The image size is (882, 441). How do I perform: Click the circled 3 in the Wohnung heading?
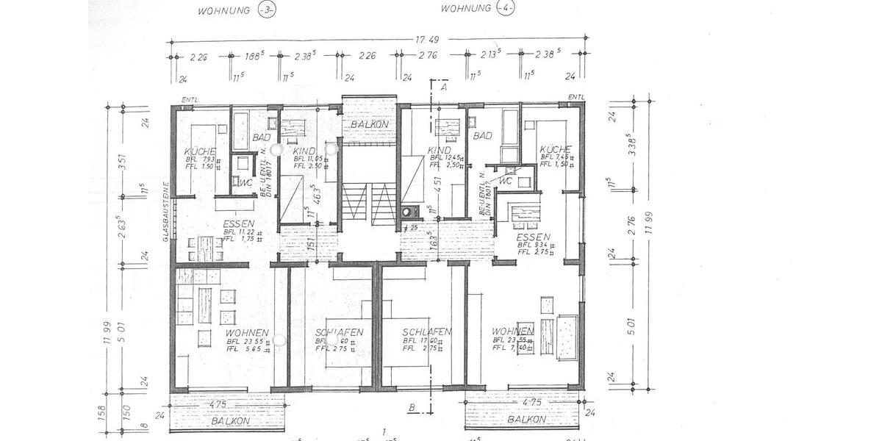click(264, 10)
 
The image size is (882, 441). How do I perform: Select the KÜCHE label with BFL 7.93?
click(200, 152)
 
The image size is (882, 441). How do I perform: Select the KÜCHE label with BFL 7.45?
click(556, 148)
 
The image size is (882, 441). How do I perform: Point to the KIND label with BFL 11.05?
click(304, 151)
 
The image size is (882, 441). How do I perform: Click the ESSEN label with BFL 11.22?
click(240, 225)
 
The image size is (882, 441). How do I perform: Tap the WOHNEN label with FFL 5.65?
click(247, 333)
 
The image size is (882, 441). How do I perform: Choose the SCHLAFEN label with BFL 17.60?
click(426, 332)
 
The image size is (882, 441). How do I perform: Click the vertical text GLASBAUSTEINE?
click(167, 212)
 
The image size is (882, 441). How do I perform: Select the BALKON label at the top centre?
click(369, 125)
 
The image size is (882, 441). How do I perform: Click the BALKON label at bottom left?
click(230, 421)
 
